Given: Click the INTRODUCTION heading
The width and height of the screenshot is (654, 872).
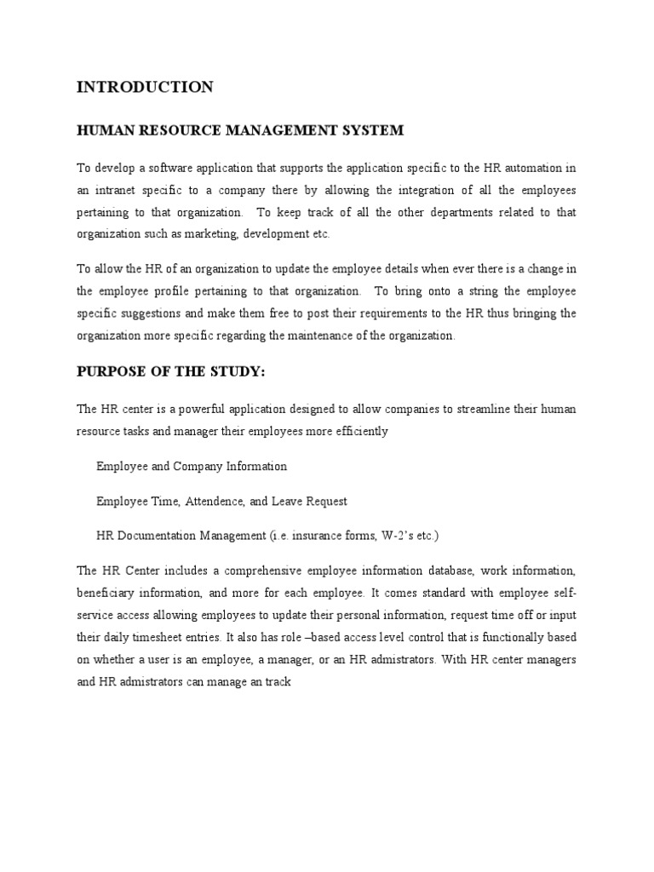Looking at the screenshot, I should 145,87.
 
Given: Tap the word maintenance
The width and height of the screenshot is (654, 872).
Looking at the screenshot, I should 313,336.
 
